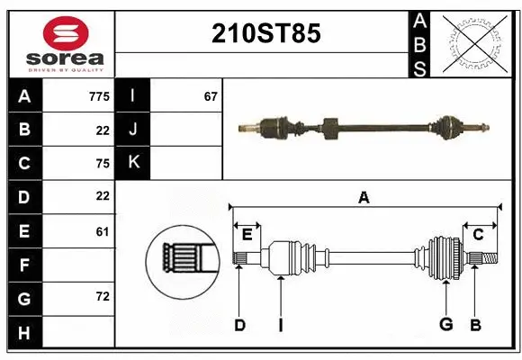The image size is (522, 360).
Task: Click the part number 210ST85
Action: tap(265, 33)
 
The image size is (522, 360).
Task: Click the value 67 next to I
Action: tap(211, 95)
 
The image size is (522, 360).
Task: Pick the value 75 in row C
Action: tap(102, 164)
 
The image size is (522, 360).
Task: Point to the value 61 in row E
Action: tap(102, 231)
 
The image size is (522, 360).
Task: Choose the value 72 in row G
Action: tap(102, 296)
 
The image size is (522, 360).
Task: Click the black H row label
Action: tap(24, 334)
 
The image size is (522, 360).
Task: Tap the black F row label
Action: tap(24, 265)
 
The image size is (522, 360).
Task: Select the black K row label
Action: tap(133, 163)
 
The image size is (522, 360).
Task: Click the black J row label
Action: tap(133, 130)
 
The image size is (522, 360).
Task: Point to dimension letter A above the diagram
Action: tap(364, 197)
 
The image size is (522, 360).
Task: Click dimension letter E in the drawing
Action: tap(247, 236)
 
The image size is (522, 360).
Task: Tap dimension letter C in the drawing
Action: tap(479, 235)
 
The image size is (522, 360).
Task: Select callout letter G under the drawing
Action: tap(445, 325)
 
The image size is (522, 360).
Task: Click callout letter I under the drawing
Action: tap(281, 325)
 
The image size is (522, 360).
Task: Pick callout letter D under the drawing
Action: tap(239, 325)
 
